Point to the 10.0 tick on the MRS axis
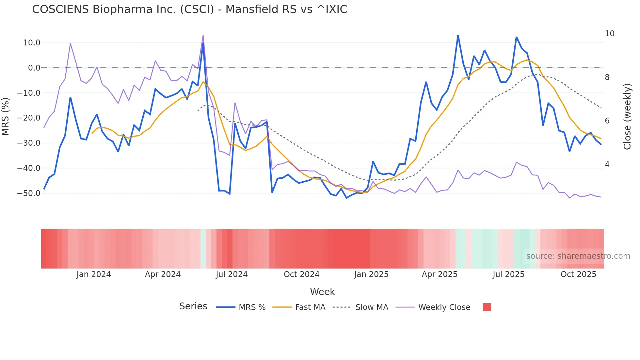pyautogui.click(x=32, y=43)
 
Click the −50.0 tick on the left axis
pyautogui.click(x=29, y=193)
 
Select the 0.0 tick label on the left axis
pyautogui.click(x=34, y=68)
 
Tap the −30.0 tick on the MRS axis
pyautogui.click(x=29, y=143)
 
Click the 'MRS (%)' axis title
pyautogui.click(x=6, y=116)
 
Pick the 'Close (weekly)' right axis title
pyautogui.click(x=627, y=117)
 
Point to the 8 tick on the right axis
pyautogui.click(x=607, y=77)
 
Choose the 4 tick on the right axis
pyautogui.click(x=607, y=165)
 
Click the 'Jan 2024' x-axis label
pyautogui.click(x=94, y=274)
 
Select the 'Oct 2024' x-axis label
pyautogui.click(x=301, y=274)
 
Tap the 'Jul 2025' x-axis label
pyautogui.click(x=508, y=274)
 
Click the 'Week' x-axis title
pyautogui.click(x=322, y=292)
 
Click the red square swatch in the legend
pyautogui.click(x=487, y=307)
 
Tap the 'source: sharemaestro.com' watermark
pyautogui.click(x=578, y=256)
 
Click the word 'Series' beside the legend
pyautogui.click(x=193, y=306)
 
